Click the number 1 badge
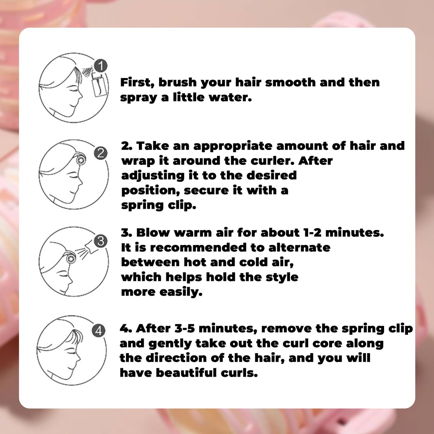pos(101,66)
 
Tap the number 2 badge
pos(101,153)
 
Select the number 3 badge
pos(101,241)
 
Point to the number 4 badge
pos(98,331)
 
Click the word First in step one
pos(137,82)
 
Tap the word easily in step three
pos(181,293)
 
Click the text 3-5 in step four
pos(185,328)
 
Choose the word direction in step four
pos(176,358)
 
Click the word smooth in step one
pos(290,82)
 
